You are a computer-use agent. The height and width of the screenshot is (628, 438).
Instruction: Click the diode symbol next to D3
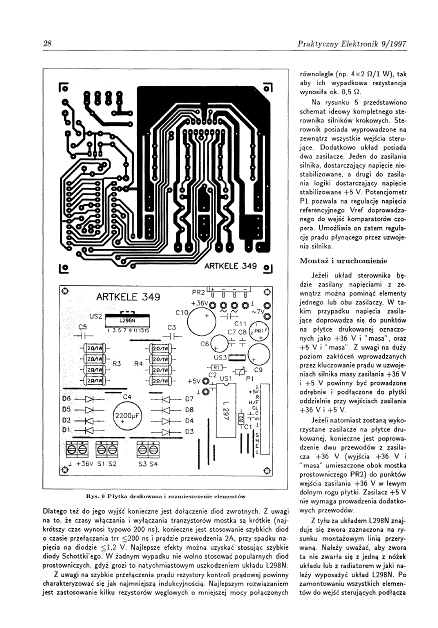pyautogui.click(x=167, y=431)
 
